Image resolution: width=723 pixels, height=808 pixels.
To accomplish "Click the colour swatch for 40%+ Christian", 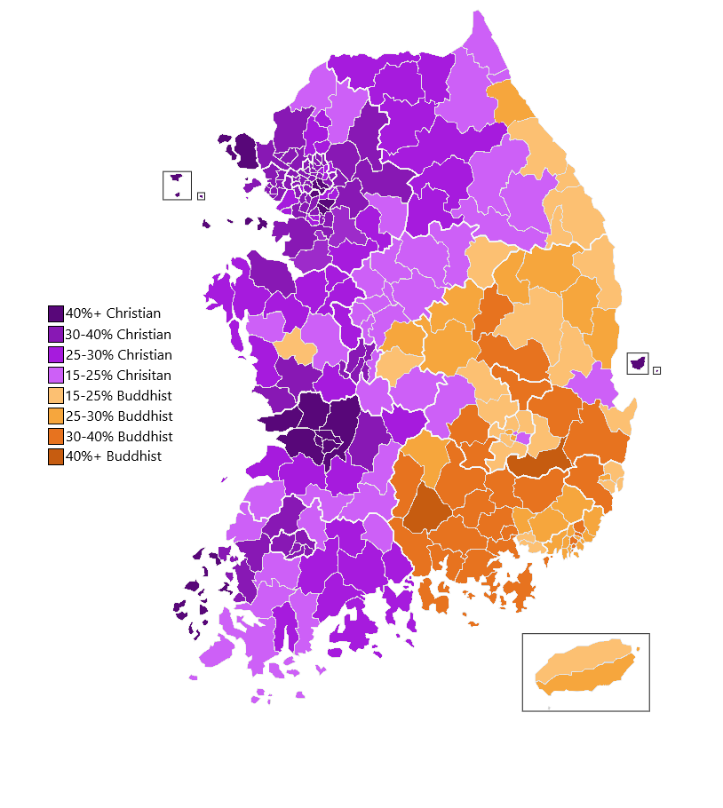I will [56, 313].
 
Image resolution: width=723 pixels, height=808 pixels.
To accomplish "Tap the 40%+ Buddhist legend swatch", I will [56, 456].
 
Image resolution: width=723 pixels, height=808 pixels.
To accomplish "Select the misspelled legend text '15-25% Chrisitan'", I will [119, 375].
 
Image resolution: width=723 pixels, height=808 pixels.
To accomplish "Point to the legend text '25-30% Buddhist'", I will [119, 416].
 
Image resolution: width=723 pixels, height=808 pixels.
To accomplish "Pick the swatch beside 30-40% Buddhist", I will [56, 436].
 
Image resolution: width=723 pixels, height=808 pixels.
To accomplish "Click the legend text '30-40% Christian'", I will [119, 334].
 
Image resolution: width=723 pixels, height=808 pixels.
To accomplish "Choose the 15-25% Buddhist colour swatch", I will [56, 395].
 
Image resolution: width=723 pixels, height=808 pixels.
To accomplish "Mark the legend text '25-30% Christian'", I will [119, 354].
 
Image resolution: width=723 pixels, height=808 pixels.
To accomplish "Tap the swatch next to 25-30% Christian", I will [56, 354].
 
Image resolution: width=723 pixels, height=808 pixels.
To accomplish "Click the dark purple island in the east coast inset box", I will [637, 363].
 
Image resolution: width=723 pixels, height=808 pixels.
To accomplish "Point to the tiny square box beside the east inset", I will [656, 370].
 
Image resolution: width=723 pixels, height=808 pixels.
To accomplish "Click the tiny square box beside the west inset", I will [201, 196].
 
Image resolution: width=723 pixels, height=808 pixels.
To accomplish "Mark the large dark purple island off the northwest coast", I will [245, 151].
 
